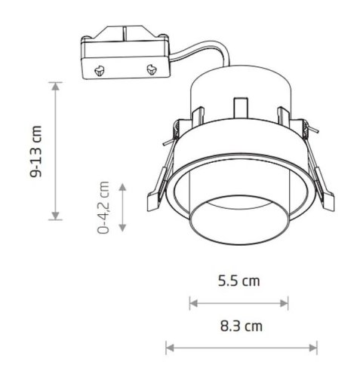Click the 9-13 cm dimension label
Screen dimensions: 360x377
coord(35,152)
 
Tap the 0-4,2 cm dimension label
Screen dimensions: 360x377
coord(103,207)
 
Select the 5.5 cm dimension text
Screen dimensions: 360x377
coord(238,281)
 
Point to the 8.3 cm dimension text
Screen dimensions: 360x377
coord(242,326)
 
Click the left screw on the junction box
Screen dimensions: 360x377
coord(100,71)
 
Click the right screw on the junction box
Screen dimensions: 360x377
coord(152,69)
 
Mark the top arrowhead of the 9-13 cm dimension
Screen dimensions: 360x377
coord(56,86)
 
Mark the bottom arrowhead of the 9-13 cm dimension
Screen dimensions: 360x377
coord(56,216)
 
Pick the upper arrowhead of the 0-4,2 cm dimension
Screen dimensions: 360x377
coord(122,187)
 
